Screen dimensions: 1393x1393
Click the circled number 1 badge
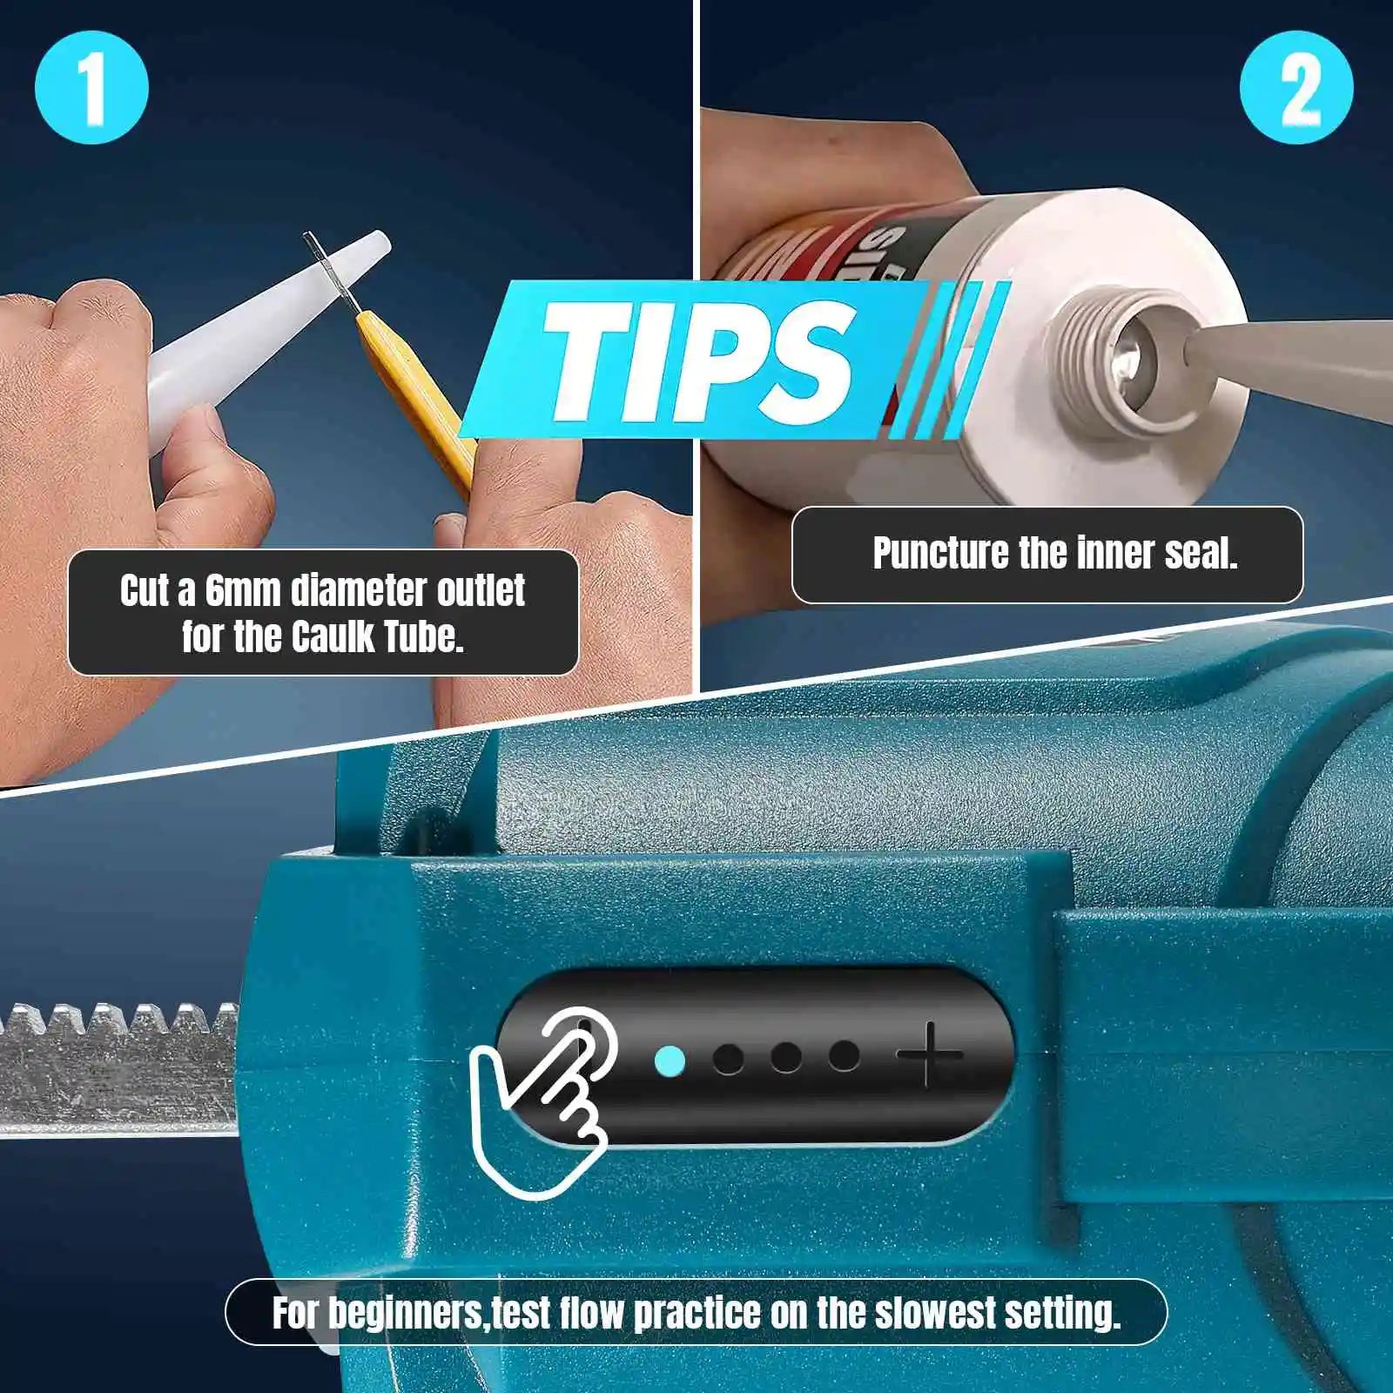[91, 88]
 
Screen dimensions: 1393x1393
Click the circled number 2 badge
[1296, 88]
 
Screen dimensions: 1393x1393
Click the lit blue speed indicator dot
[670, 1060]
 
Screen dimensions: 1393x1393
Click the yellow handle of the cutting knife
[418, 392]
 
